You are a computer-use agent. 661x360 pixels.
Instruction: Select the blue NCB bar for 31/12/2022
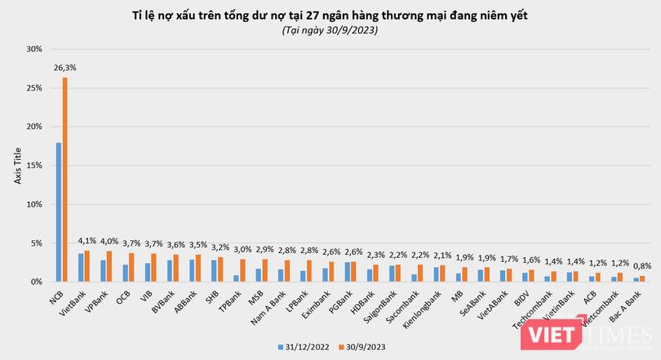[x=59, y=212]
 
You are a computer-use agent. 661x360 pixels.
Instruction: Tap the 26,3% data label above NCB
[x=65, y=68]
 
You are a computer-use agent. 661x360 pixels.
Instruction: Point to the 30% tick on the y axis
[x=34, y=49]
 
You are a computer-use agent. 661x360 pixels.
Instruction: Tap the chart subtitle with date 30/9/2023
[x=330, y=30]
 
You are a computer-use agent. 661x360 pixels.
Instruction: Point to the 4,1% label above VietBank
[x=87, y=241]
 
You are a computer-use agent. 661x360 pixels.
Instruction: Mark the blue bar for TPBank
[x=236, y=278]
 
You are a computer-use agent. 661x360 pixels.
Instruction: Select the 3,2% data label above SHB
[x=220, y=247]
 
